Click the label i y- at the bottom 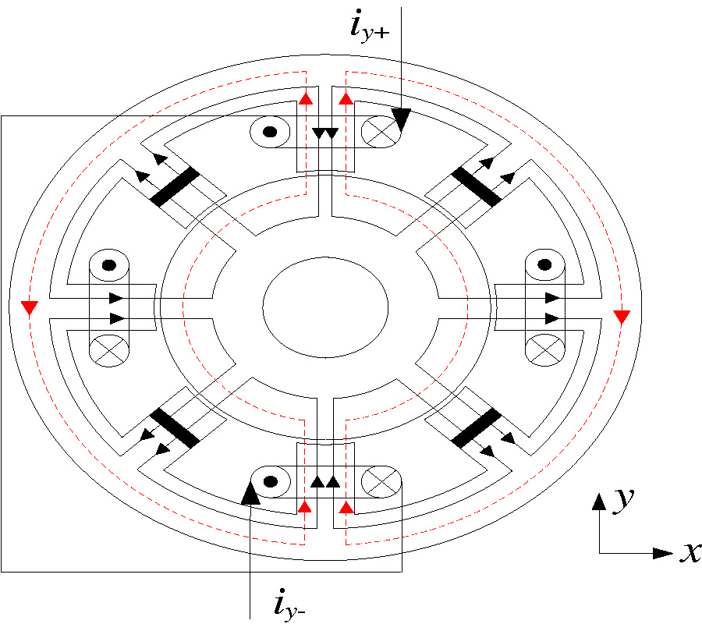(x=294, y=604)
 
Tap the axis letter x (x=689, y=552)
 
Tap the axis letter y (x=622, y=500)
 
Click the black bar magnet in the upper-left (x=175, y=186)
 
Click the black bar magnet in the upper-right (x=477, y=186)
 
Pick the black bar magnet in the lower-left (x=175, y=427)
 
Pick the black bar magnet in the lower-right (x=477, y=427)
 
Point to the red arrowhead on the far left (x=29, y=307)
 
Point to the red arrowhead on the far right (x=622, y=317)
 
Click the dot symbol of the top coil (x=270, y=132)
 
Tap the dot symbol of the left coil (x=109, y=265)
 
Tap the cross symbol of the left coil (x=109, y=348)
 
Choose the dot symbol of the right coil (x=546, y=265)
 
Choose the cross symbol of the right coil (x=546, y=348)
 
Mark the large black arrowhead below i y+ (x=401, y=119)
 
